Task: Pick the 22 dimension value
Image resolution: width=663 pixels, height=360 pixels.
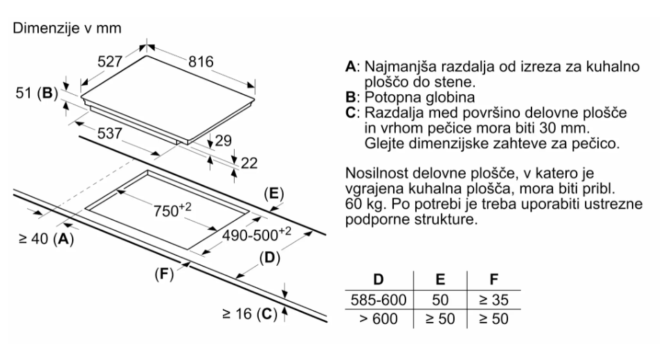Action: click(248, 163)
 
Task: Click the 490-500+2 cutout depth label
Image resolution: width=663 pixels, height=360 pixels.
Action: click(258, 234)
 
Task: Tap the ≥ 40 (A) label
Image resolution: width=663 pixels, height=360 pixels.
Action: click(44, 239)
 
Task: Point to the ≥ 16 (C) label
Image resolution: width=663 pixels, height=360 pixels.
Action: click(248, 314)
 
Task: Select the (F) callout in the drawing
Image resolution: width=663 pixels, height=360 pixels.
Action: click(162, 273)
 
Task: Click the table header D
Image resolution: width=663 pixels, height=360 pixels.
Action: click(379, 280)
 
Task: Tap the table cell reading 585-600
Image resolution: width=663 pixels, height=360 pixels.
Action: click(379, 300)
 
